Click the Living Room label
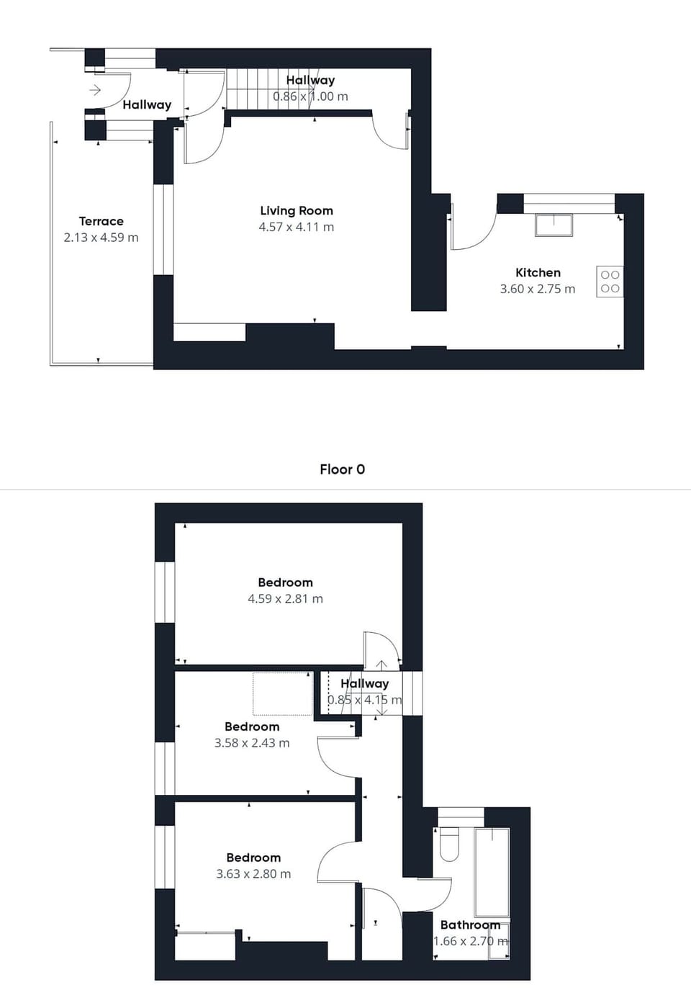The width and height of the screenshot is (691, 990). pyautogui.click(x=296, y=210)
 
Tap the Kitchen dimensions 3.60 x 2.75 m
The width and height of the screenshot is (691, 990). pyautogui.click(x=537, y=289)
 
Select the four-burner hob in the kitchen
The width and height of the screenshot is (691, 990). pyautogui.click(x=610, y=282)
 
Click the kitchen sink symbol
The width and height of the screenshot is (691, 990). pyautogui.click(x=554, y=225)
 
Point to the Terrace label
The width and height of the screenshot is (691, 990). pyautogui.click(x=101, y=221)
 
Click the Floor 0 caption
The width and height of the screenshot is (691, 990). pyautogui.click(x=342, y=469)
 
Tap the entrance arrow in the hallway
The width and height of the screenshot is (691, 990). pyautogui.click(x=95, y=90)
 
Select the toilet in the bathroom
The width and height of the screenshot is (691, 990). pyautogui.click(x=449, y=844)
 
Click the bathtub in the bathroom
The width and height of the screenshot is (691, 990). pyautogui.click(x=492, y=871)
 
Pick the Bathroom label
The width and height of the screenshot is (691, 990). pyautogui.click(x=469, y=924)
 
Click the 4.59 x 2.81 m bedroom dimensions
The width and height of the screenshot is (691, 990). pyautogui.click(x=285, y=598)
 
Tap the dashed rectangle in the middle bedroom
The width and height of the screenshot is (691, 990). pyautogui.click(x=282, y=693)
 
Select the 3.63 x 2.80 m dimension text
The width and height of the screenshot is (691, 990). pyautogui.click(x=253, y=873)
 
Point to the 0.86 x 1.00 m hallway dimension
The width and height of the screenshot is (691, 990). pyautogui.click(x=310, y=96)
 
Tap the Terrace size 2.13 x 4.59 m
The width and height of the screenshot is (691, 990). pyautogui.click(x=101, y=237)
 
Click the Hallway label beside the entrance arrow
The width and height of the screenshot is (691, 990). pyautogui.click(x=147, y=104)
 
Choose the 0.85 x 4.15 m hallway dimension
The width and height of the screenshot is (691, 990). pyautogui.click(x=364, y=699)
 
